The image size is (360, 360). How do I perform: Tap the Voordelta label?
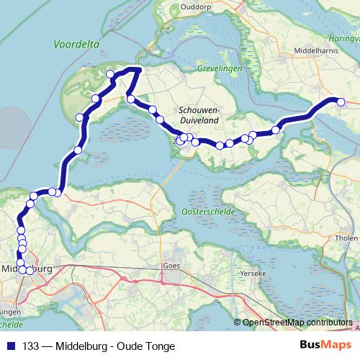(74, 44)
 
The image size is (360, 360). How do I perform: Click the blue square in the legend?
(11, 346)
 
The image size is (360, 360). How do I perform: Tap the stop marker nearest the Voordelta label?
(110, 74)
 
